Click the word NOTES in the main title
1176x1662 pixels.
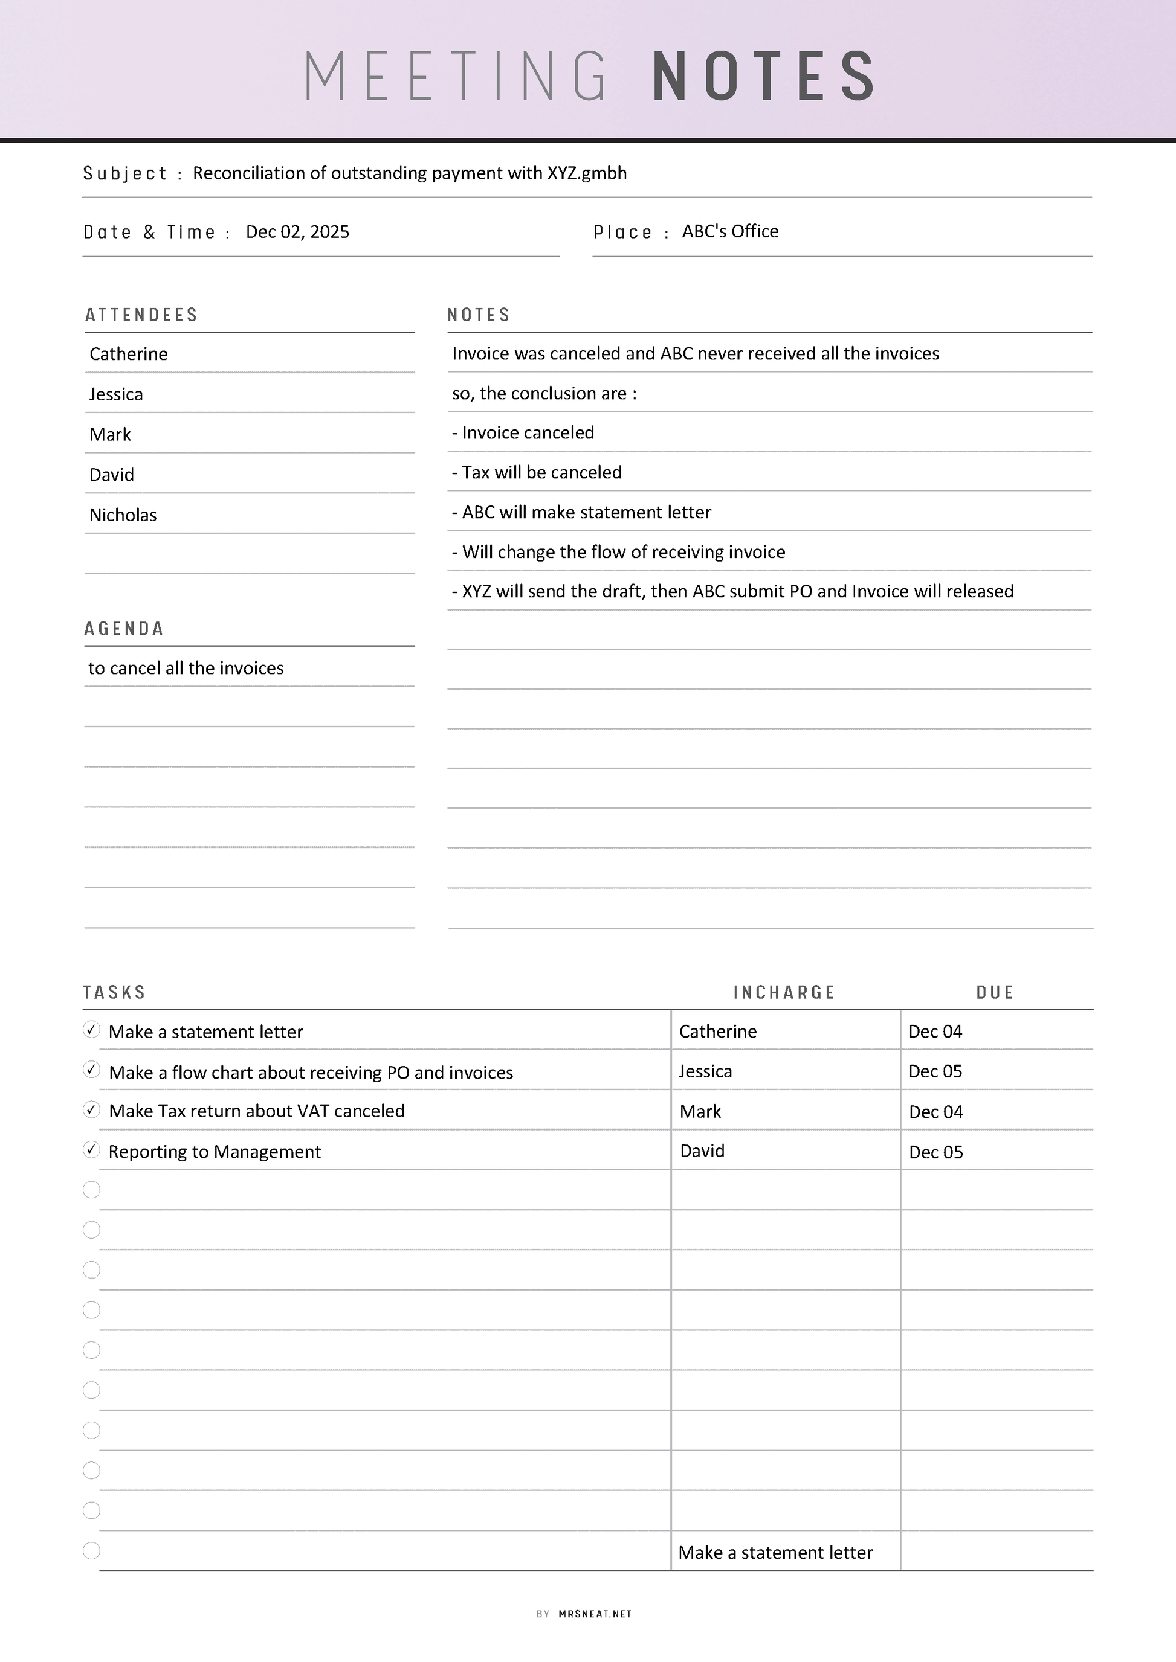[764, 76]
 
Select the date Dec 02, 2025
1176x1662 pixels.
[297, 232]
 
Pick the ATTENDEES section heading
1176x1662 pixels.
[141, 315]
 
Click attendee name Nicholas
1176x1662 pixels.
[123, 515]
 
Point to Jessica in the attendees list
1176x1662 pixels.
[116, 394]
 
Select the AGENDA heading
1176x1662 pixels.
[124, 628]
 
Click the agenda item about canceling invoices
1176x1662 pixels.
[186, 668]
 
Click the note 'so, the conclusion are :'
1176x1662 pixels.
[544, 393]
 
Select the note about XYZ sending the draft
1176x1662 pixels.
[732, 591]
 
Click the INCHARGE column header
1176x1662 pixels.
[784, 992]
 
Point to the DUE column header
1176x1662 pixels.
[995, 992]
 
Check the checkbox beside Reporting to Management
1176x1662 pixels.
[91, 1149]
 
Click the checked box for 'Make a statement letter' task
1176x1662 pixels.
[91, 1029]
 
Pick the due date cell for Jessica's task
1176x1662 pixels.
[935, 1071]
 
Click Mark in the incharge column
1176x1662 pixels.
[700, 1112]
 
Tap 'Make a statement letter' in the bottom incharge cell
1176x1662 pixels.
[775, 1553]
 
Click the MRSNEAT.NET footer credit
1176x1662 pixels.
[595, 1614]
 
